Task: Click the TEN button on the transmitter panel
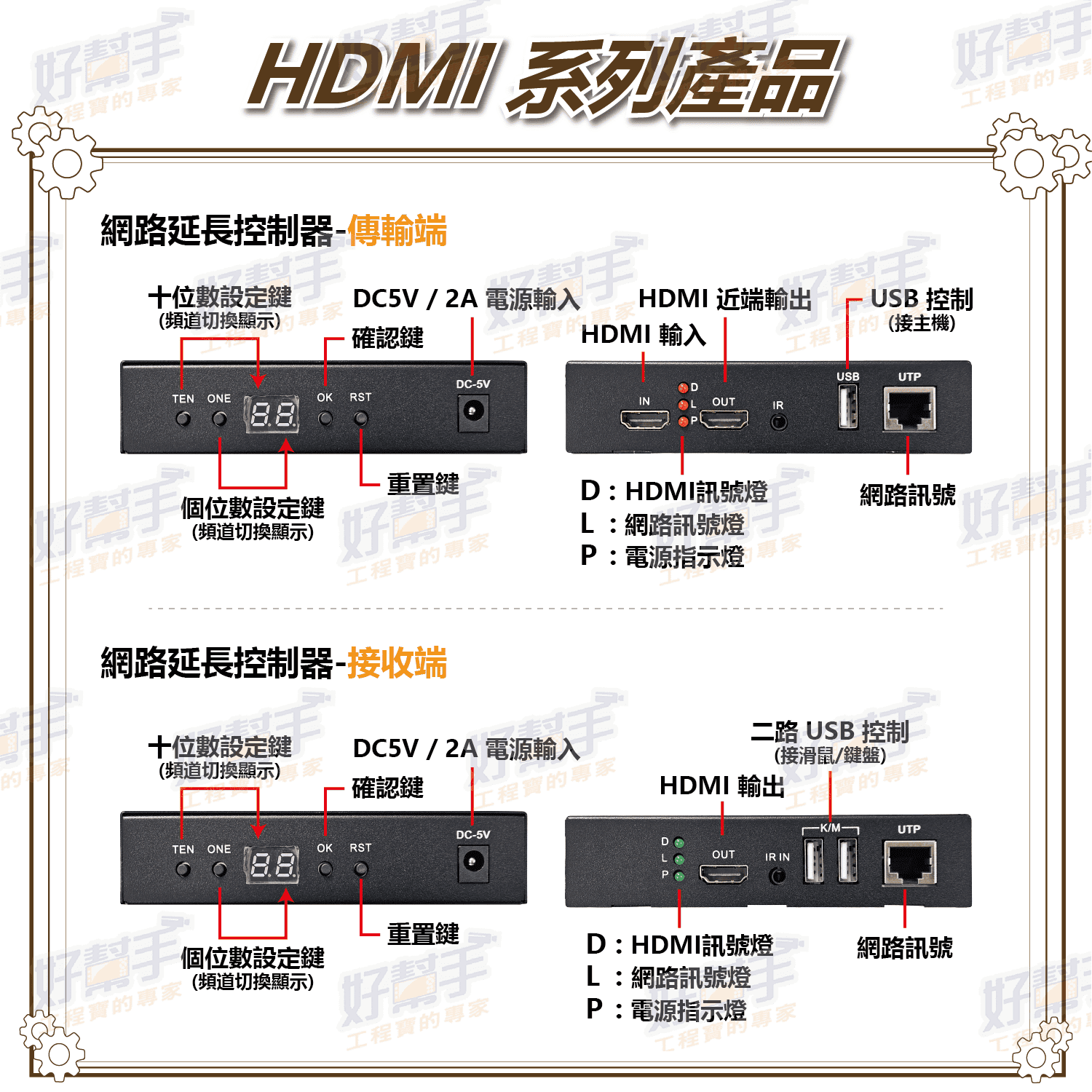[x=183, y=419]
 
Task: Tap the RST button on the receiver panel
[x=360, y=869]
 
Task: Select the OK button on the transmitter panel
[x=325, y=419]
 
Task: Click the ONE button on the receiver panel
[x=219, y=869]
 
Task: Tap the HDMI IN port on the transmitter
[x=644, y=419]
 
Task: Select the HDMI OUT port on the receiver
[x=724, y=873]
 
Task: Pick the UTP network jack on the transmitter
[x=909, y=409]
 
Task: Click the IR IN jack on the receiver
[x=778, y=875]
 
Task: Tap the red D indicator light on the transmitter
[x=683, y=388]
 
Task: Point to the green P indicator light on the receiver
[x=679, y=876]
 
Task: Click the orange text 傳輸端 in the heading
[x=397, y=231]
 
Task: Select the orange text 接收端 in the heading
[x=397, y=662]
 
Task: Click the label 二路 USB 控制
[x=830, y=731]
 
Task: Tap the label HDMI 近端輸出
[x=725, y=298]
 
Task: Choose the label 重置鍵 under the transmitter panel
[x=423, y=484]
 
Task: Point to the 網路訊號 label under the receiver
[x=905, y=948]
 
